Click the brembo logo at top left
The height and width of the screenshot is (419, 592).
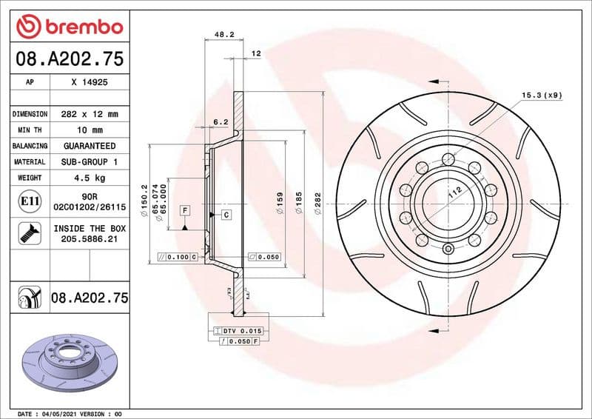click(69, 27)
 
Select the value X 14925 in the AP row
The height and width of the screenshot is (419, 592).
click(89, 83)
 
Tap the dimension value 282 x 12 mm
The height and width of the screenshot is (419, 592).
click(89, 115)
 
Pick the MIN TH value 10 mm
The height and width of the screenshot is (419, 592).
click(89, 130)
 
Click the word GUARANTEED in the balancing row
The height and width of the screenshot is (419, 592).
click(89, 146)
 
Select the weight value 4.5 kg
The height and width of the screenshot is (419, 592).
click(89, 178)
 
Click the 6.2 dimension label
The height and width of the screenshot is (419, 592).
click(220, 121)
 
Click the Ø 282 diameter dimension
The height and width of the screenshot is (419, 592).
click(317, 204)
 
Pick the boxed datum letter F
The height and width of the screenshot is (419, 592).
click(184, 210)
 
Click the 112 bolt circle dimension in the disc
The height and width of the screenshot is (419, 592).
click(454, 195)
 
